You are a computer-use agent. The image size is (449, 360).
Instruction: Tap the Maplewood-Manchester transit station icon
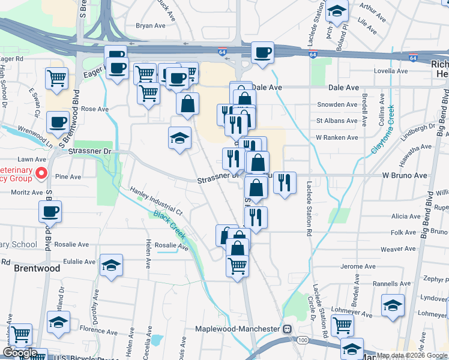[x=288, y=329]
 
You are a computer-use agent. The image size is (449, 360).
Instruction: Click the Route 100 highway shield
[x=303, y=340]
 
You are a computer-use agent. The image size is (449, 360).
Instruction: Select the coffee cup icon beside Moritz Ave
[x=50, y=211]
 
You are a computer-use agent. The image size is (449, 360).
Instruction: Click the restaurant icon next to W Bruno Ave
[x=285, y=182]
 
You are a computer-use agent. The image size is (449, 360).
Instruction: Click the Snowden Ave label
[x=337, y=104]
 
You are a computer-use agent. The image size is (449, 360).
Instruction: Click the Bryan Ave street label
[x=150, y=26]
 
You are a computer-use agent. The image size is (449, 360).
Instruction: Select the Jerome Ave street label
[x=357, y=266]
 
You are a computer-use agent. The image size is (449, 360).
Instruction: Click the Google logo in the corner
[x=19, y=353]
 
